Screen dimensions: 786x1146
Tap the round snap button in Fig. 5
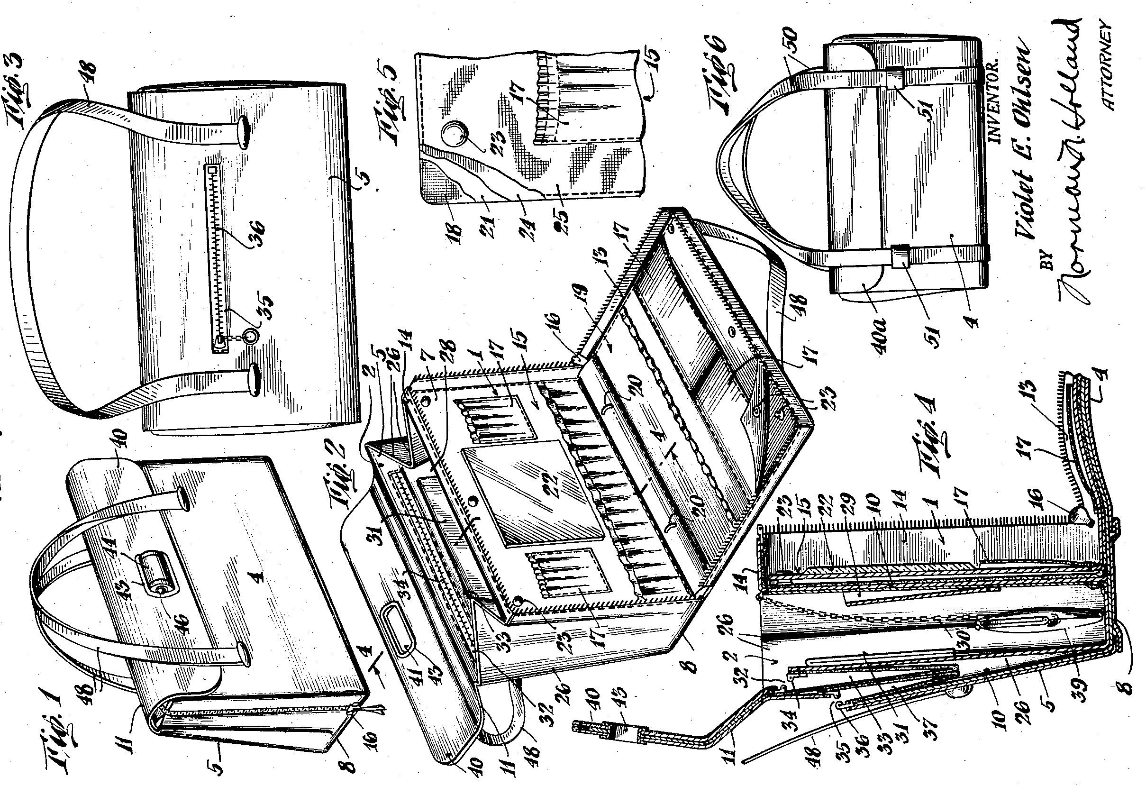[454, 135]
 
